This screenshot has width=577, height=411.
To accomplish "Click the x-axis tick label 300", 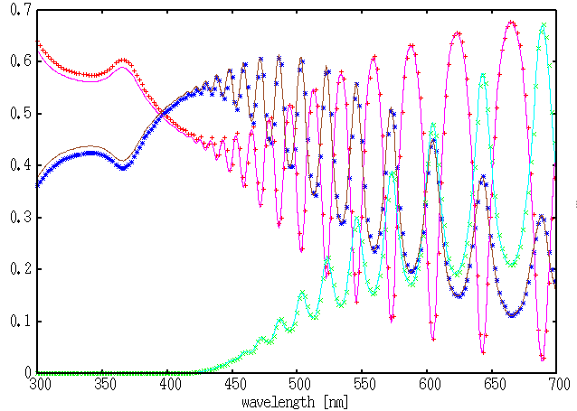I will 38,386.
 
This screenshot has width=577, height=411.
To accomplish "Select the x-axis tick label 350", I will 103,386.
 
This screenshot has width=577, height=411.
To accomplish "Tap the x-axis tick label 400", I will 168,386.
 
